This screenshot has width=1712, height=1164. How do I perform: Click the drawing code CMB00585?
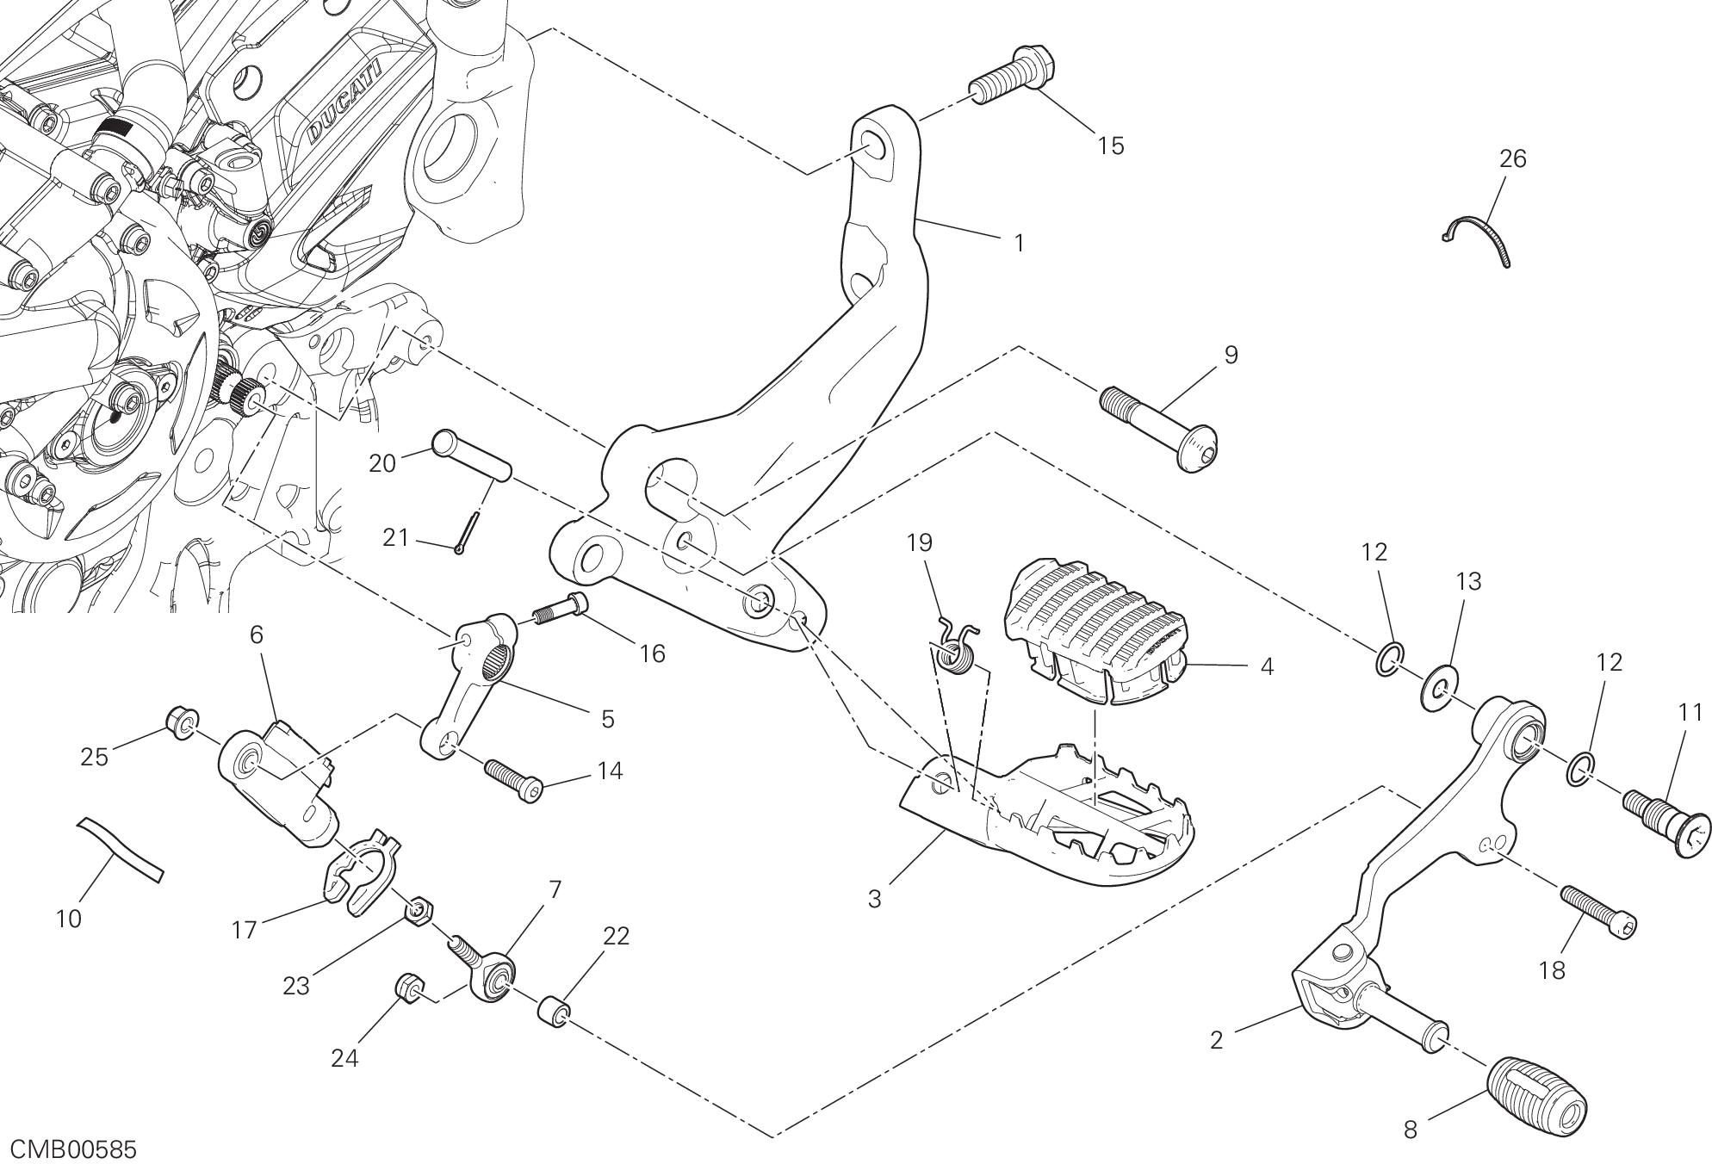coord(69,1149)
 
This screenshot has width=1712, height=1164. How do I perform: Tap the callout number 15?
coord(1111,145)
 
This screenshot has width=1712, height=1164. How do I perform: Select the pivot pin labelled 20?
coord(472,455)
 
